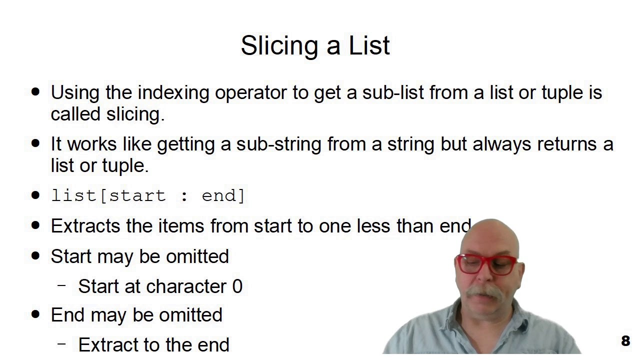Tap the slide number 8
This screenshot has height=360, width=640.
(x=625, y=341)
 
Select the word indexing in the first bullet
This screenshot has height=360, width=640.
(x=173, y=93)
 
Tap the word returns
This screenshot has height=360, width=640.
(x=567, y=144)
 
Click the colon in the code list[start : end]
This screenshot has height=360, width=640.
(x=184, y=196)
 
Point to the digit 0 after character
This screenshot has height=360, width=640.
(x=237, y=286)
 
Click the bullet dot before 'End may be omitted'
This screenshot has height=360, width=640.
(x=35, y=314)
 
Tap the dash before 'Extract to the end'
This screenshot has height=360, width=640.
(x=62, y=343)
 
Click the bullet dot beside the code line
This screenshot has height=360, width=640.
(x=35, y=195)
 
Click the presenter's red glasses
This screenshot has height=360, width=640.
(x=486, y=264)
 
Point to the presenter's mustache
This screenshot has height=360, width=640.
(x=484, y=291)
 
